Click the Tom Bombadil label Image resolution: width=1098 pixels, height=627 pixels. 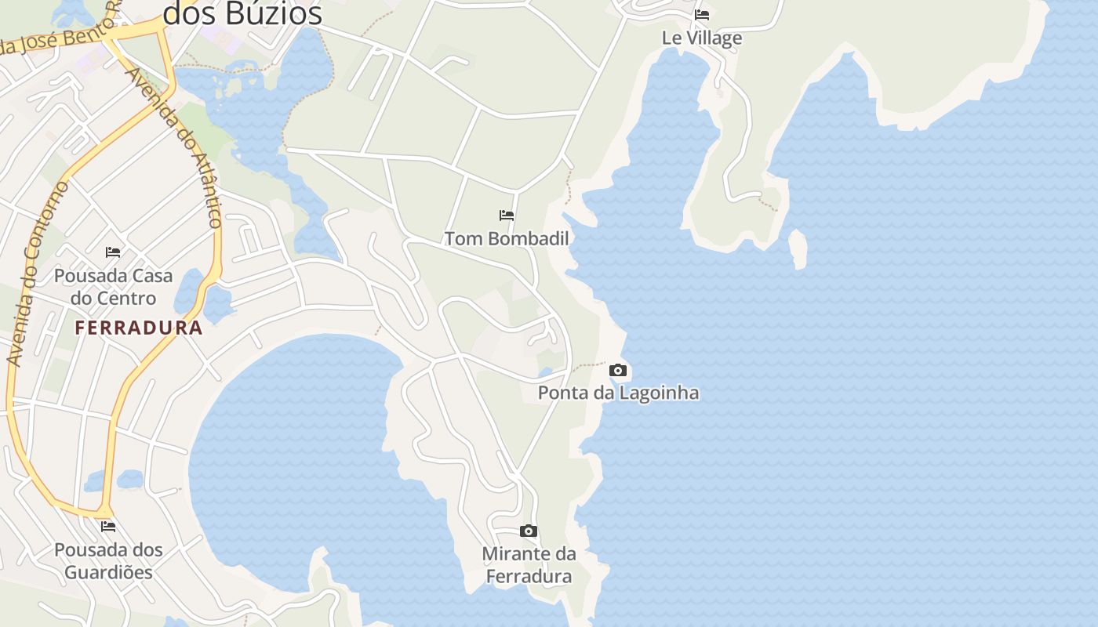[507, 238]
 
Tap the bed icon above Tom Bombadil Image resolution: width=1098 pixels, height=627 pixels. [507, 215]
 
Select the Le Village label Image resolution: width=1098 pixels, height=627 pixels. [702, 38]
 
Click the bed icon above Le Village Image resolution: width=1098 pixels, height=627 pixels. [702, 14]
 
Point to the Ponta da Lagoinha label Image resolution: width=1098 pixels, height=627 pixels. [618, 393]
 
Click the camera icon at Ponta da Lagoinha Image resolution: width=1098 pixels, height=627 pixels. [618, 371]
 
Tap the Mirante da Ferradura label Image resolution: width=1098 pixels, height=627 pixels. [529, 565]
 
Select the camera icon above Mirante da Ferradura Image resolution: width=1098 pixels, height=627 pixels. [529, 531]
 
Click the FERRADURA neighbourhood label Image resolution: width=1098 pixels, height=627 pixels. [139, 328]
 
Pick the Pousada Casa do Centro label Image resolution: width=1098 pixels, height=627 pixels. [113, 287]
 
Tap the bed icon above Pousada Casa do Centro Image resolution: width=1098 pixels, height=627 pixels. [113, 252]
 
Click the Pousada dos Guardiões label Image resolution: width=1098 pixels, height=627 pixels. [108, 560]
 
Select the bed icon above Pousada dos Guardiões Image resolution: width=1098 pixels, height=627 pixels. [108, 526]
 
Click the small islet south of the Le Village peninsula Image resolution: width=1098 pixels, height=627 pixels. [798, 248]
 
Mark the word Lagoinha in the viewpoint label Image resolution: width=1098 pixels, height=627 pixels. [657, 393]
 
